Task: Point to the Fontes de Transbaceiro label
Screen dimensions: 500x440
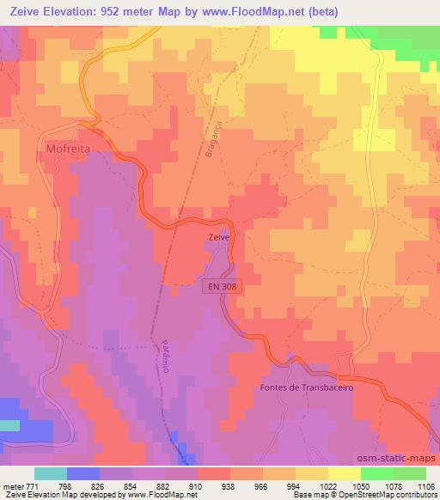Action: tap(307, 387)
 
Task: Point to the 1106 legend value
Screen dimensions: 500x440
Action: tap(425, 485)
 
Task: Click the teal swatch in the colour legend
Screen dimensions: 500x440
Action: tap(51, 473)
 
